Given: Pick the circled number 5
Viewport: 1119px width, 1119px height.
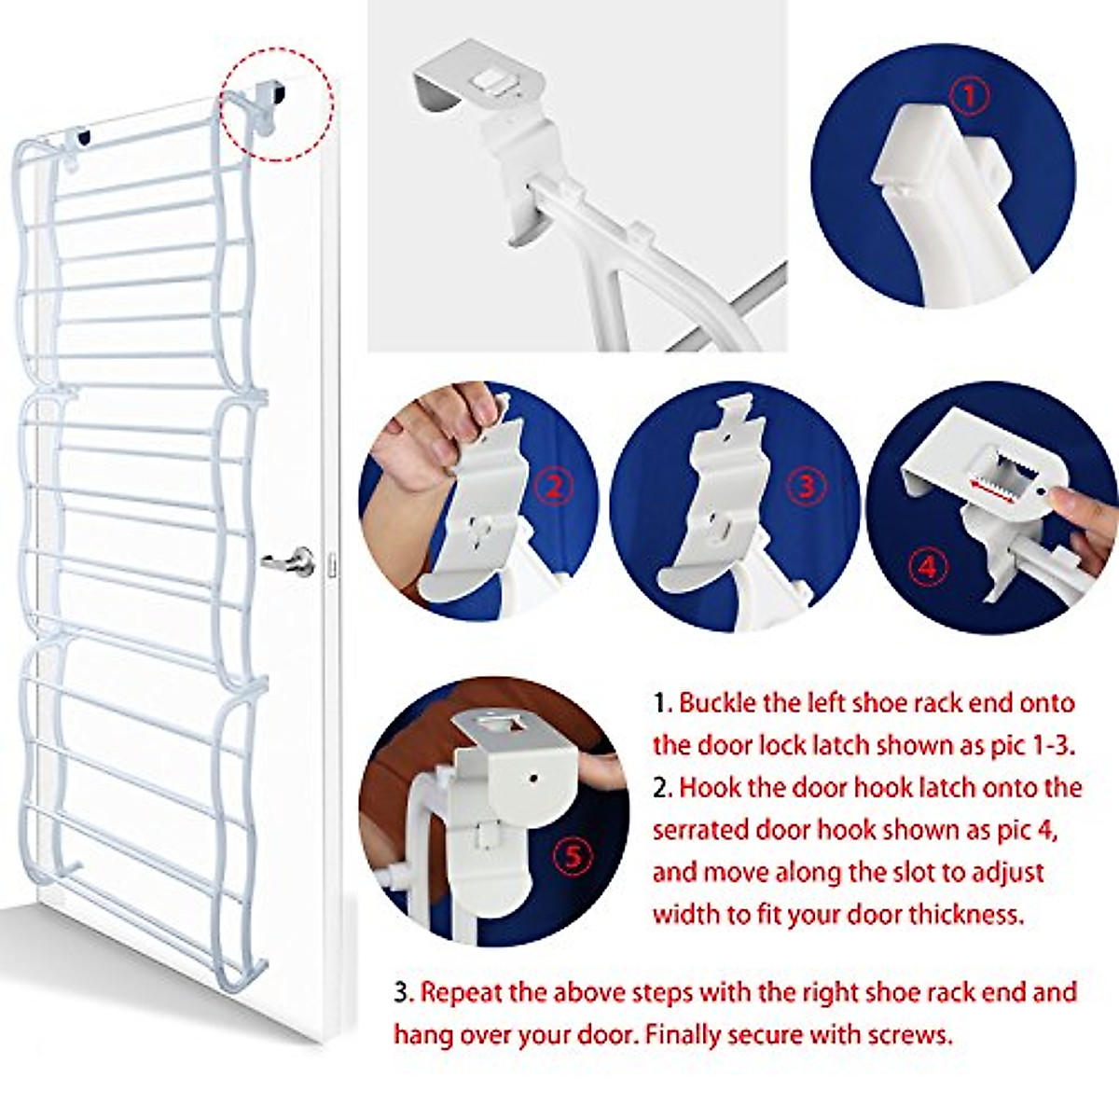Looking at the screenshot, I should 573,855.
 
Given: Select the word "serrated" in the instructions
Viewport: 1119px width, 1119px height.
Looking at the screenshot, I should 700,830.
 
